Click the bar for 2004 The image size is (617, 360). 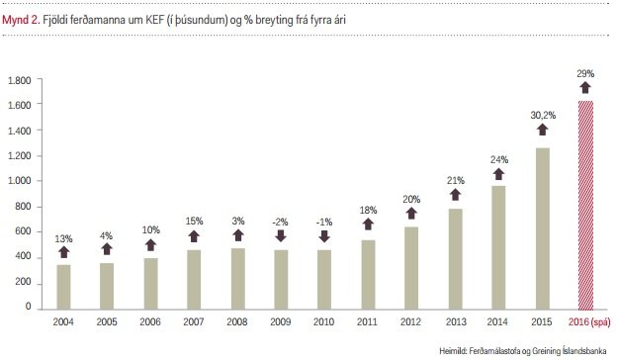point(63,286)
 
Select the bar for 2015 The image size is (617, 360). point(542,227)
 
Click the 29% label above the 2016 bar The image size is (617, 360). point(584,75)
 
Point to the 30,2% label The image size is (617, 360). point(542,115)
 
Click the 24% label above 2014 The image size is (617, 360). point(498,159)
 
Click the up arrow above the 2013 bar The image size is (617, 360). point(454,195)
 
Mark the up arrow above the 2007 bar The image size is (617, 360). point(194,234)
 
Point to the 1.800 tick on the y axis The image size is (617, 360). point(20,79)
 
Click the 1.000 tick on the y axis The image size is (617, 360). point(20,181)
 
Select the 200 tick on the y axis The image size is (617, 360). point(25,283)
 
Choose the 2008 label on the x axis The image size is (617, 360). point(236,321)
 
